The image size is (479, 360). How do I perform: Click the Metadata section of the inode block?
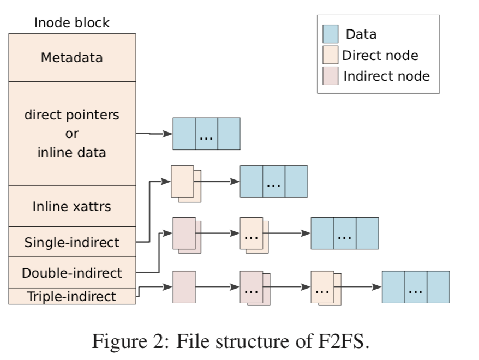pyautogui.click(x=72, y=57)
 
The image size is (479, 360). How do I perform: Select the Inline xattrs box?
pyautogui.click(x=72, y=206)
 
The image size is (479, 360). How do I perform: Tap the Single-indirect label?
pyautogui.click(x=72, y=242)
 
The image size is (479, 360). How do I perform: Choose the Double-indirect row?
pyautogui.click(x=72, y=272)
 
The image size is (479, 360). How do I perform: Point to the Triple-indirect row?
pyautogui.click(x=72, y=296)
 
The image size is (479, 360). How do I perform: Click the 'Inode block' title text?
pyautogui.click(x=72, y=23)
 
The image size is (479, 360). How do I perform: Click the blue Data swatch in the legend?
pyautogui.click(x=330, y=34)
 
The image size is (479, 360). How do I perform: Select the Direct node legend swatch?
pyautogui.click(x=330, y=55)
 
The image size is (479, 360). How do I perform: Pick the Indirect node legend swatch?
pyautogui.click(x=330, y=75)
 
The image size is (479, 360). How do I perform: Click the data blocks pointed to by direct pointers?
pyautogui.click(x=206, y=134)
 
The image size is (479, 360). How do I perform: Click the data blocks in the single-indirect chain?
pyautogui.click(x=273, y=182)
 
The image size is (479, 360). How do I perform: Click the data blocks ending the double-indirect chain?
pyautogui.click(x=344, y=233)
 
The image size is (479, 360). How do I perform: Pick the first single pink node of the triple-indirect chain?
pyautogui.click(x=184, y=287)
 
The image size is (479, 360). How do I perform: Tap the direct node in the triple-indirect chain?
pyautogui.click(x=324, y=288)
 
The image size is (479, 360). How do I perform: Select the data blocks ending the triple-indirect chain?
pyautogui.click(x=415, y=287)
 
